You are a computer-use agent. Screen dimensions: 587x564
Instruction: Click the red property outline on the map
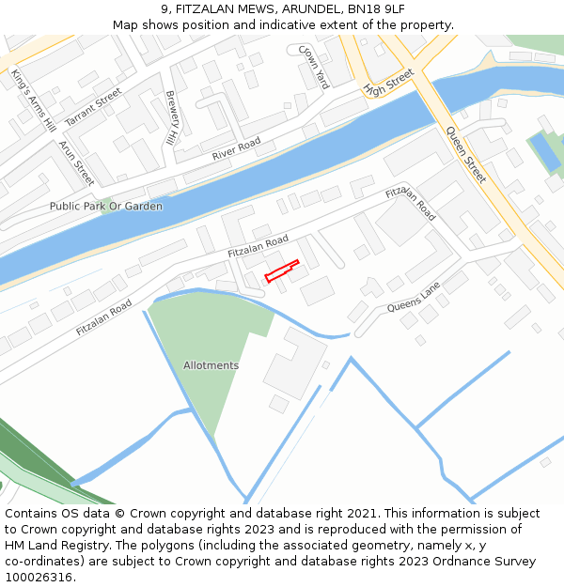pos(282,270)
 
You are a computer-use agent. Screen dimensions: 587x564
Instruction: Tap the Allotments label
pos(211,365)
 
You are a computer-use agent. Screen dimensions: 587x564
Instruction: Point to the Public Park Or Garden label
pos(106,207)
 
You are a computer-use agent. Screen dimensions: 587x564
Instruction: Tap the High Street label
pos(388,83)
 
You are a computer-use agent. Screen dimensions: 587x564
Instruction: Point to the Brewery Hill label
pos(171,117)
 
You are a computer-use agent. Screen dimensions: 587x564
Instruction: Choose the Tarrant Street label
pos(94,106)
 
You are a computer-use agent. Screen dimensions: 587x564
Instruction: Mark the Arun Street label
pos(77,162)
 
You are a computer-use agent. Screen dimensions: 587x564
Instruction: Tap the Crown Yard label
pos(314,67)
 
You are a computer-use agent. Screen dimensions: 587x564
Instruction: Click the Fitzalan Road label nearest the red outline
pos(258,248)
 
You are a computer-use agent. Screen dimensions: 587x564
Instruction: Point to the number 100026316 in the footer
pos(39,577)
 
